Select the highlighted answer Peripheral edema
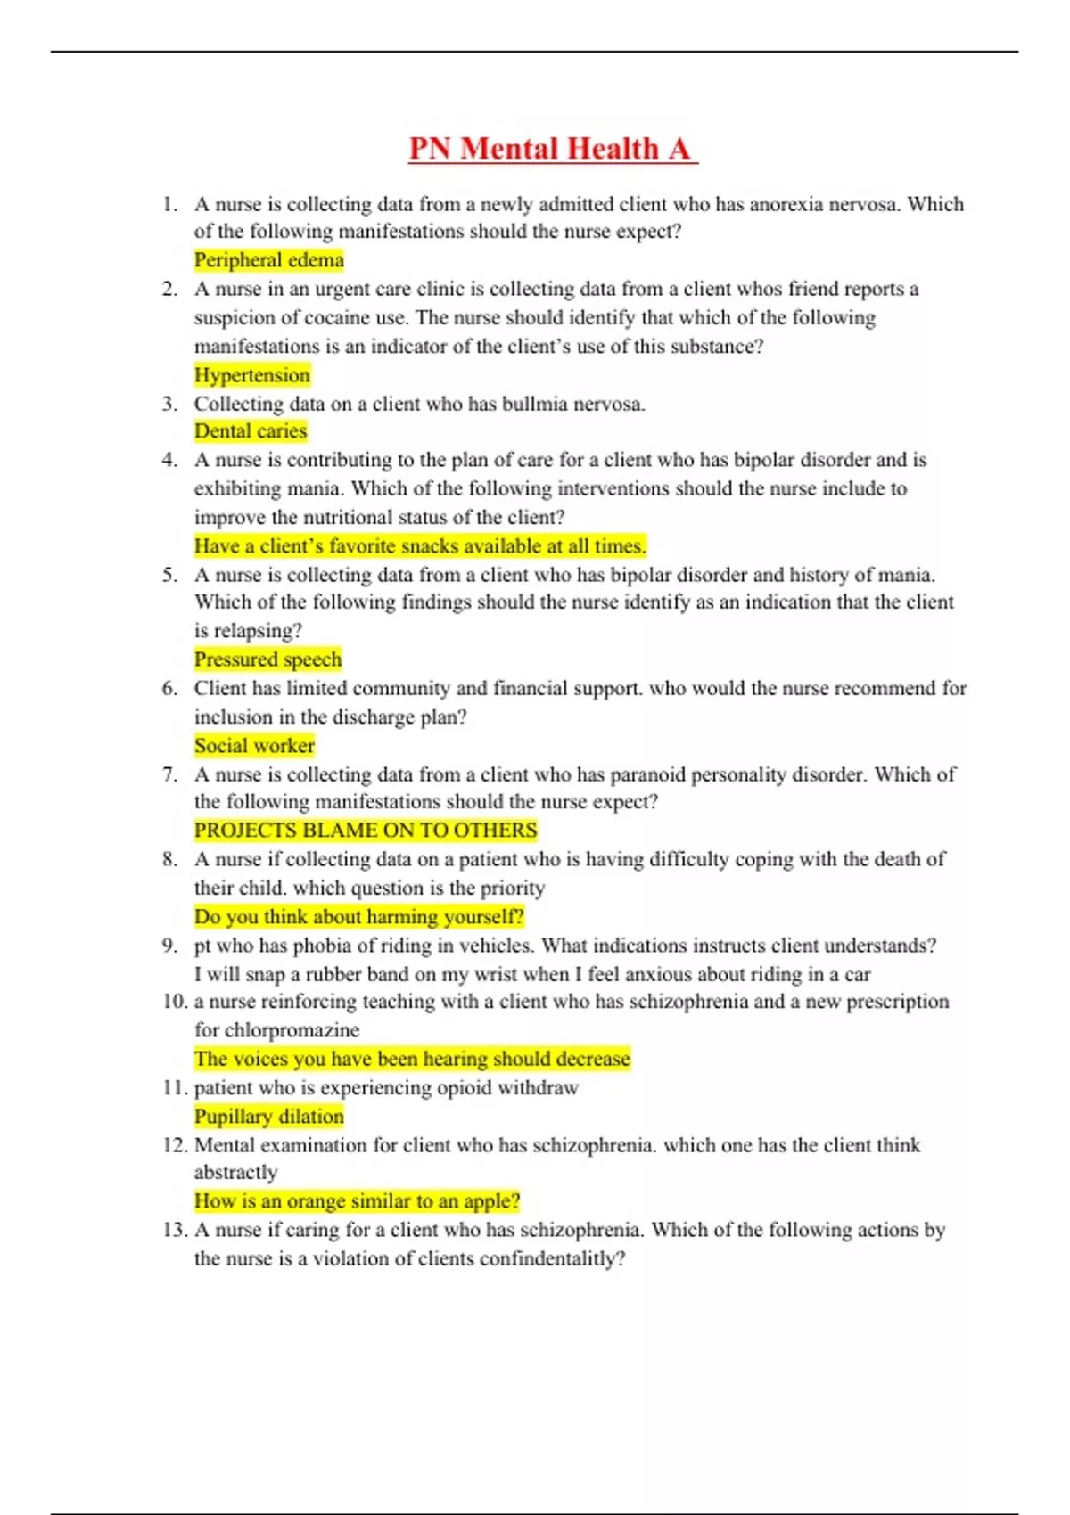268,260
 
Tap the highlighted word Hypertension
252,375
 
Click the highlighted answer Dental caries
251,431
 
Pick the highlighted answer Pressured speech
267,659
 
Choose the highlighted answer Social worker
254,746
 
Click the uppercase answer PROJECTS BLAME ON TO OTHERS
366,831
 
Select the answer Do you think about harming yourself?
358,917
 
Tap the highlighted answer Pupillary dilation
268,1117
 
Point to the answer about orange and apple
357,1201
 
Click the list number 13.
174,1230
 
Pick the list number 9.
170,946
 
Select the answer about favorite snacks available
420,546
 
